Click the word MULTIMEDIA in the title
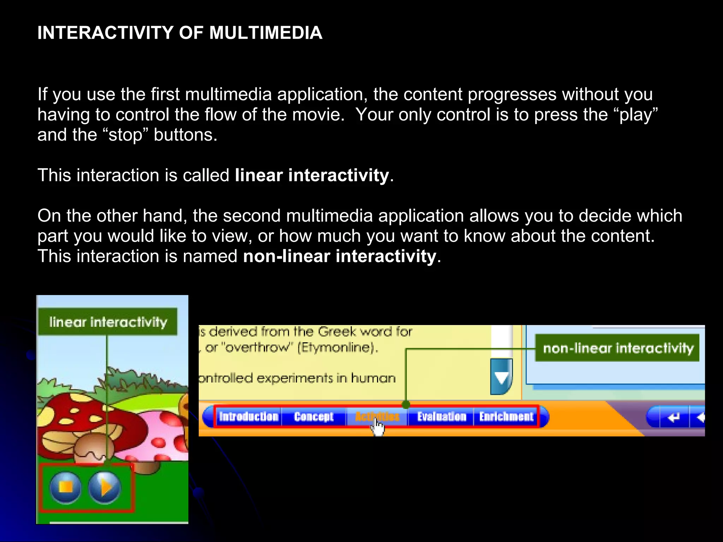[265, 33]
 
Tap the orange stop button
[66, 487]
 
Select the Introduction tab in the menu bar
[249, 417]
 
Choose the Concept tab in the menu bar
[313, 417]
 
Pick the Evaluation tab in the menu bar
[442, 417]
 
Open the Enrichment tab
[506, 417]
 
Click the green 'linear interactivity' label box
[108, 322]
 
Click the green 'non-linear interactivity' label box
[617, 348]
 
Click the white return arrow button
[674, 417]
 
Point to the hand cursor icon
[378, 428]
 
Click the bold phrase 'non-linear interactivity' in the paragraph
[339, 256]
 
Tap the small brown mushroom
[94, 446]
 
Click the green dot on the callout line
[406, 404]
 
